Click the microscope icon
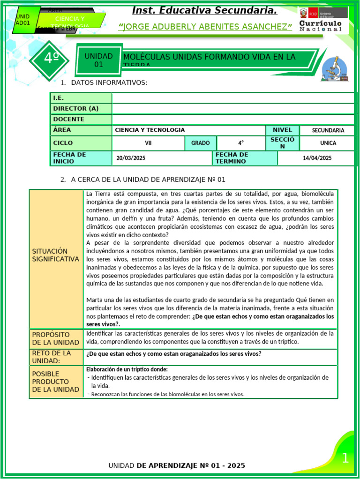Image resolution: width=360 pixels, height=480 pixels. pos(337,68)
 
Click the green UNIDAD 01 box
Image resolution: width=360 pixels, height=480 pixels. pos(98,60)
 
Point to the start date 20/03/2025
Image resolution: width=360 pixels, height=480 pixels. pos(131,158)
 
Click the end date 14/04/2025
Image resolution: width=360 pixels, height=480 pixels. pos(317,158)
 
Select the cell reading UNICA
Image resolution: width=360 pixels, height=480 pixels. pos(328,143)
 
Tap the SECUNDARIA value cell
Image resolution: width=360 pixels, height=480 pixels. pos(328,130)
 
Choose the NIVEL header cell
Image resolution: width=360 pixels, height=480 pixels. pos(282,130)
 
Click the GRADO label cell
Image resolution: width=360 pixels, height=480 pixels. pos(201,143)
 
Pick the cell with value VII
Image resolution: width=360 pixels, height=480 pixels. pos(148,143)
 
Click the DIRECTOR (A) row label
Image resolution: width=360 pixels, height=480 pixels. pos(76,108)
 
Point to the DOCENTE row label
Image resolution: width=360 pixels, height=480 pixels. pos(69,119)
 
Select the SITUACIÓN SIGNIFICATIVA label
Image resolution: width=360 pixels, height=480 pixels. pos(56,255)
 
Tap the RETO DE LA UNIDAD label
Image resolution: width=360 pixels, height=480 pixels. pos(52,357)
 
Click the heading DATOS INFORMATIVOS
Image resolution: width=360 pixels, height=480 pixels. pos(109,83)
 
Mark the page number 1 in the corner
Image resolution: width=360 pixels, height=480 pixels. pos(345,458)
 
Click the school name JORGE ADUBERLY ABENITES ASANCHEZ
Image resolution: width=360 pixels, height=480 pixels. pos(205,27)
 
